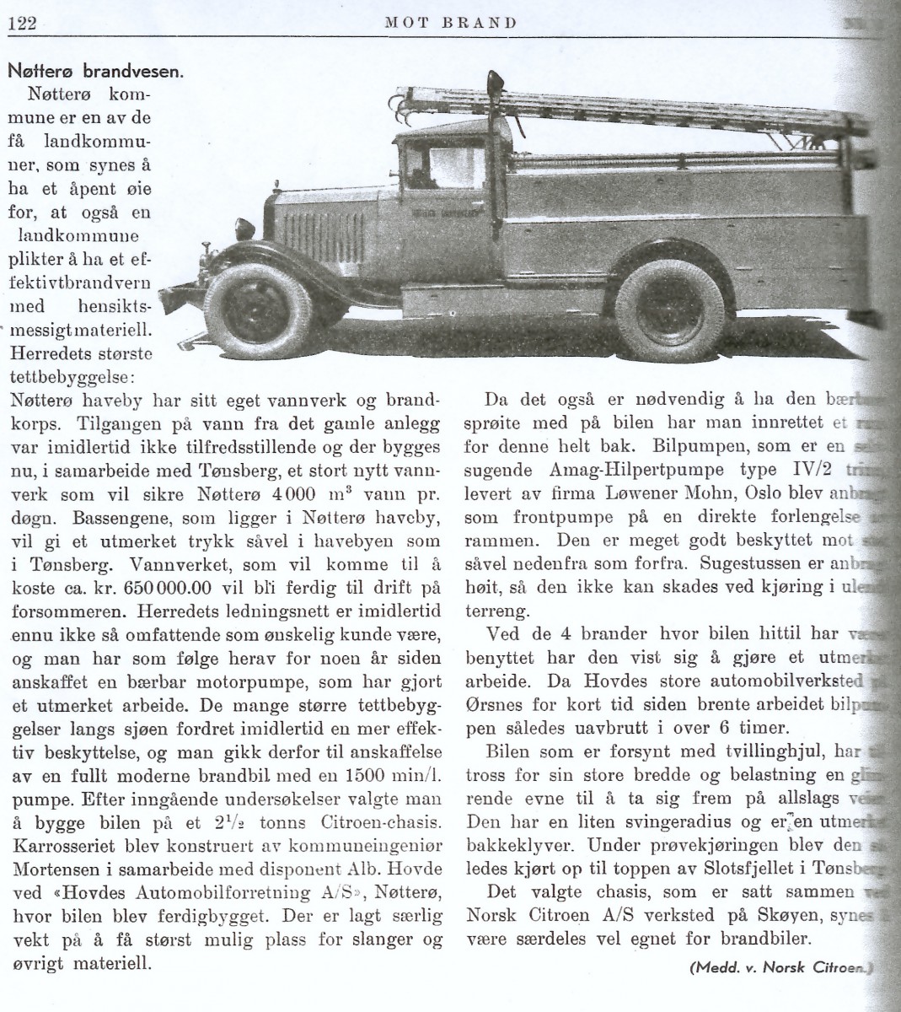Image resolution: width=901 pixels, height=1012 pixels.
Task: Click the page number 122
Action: pyautogui.click(x=20, y=24)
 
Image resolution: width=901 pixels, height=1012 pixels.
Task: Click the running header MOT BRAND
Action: pyautogui.click(x=450, y=23)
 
